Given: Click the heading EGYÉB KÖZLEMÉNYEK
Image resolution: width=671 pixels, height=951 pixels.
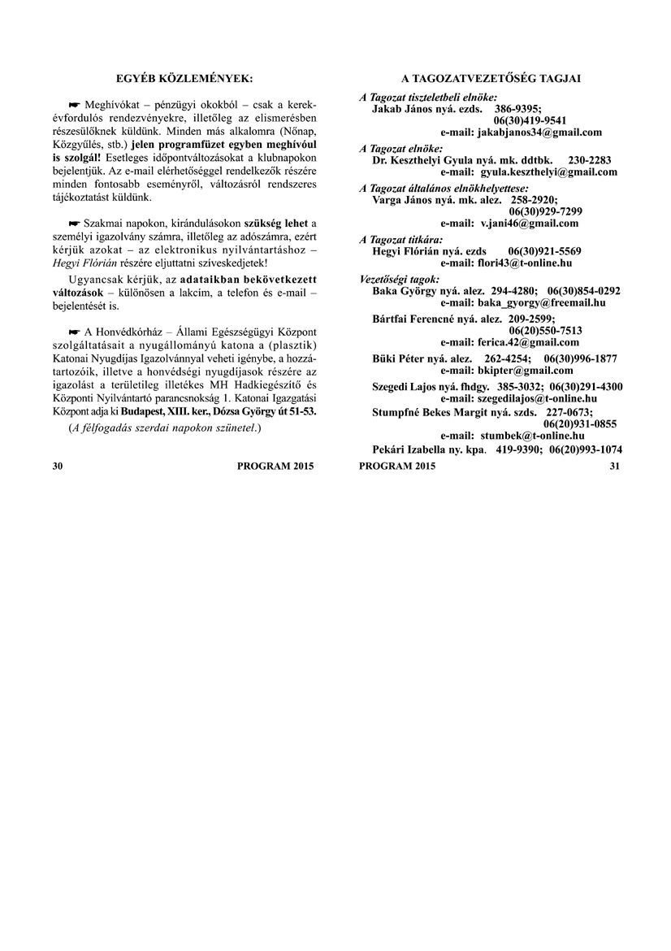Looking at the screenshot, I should point(184,78).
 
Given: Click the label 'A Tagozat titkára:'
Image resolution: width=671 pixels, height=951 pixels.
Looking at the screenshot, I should point(401,240).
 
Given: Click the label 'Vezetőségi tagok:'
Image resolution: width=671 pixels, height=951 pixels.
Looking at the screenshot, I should point(399,279).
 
